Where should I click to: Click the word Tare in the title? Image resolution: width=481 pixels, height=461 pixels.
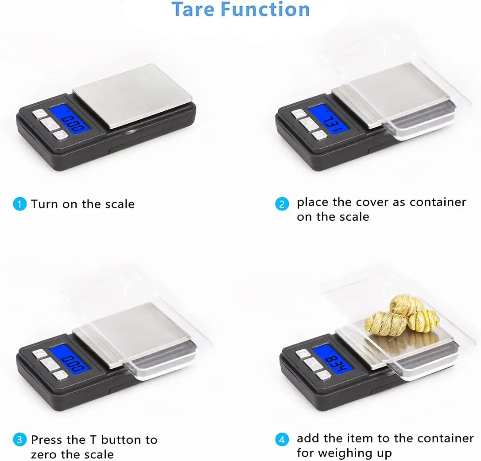[194, 9]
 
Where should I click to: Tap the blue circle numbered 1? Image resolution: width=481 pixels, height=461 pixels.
[19, 204]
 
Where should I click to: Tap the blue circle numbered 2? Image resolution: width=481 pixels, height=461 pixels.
[282, 204]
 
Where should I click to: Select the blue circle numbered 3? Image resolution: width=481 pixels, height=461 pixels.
[19, 440]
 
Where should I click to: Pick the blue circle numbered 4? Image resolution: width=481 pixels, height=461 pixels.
[282, 440]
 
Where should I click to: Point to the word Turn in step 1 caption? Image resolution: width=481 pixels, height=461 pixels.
[45, 204]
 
